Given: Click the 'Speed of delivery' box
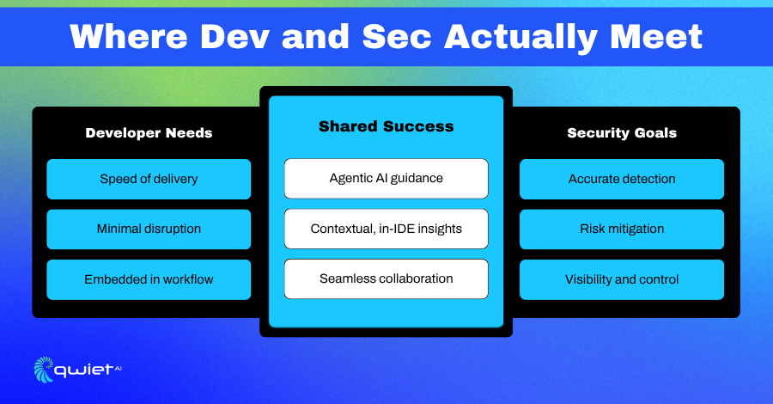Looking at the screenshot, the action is [149, 179].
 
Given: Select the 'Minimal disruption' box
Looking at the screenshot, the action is [149, 229].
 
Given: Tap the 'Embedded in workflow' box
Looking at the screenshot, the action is [149, 279].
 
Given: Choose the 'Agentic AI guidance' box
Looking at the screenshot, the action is [386, 178].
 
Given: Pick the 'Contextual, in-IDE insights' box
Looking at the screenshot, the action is [386, 229].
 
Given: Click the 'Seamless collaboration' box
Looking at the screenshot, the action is [386, 279].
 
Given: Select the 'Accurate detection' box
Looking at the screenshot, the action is [622, 179].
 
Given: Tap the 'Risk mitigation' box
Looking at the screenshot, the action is [622, 229].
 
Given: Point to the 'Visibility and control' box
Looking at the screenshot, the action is [622, 279].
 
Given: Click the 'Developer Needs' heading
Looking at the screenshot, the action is [149, 132].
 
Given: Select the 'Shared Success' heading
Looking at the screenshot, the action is [386, 126].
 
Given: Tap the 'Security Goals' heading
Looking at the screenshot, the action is [622, 132].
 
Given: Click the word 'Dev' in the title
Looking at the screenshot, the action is [234, 36].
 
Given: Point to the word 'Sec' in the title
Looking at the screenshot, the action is [397, 36].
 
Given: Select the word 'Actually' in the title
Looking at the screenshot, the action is [521, 39].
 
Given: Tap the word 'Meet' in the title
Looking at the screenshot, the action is [657, 36].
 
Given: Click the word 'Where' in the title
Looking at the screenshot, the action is [129, 36].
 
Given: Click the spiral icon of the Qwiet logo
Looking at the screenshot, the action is [44, 370].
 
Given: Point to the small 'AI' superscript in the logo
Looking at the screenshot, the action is [118, 368].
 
